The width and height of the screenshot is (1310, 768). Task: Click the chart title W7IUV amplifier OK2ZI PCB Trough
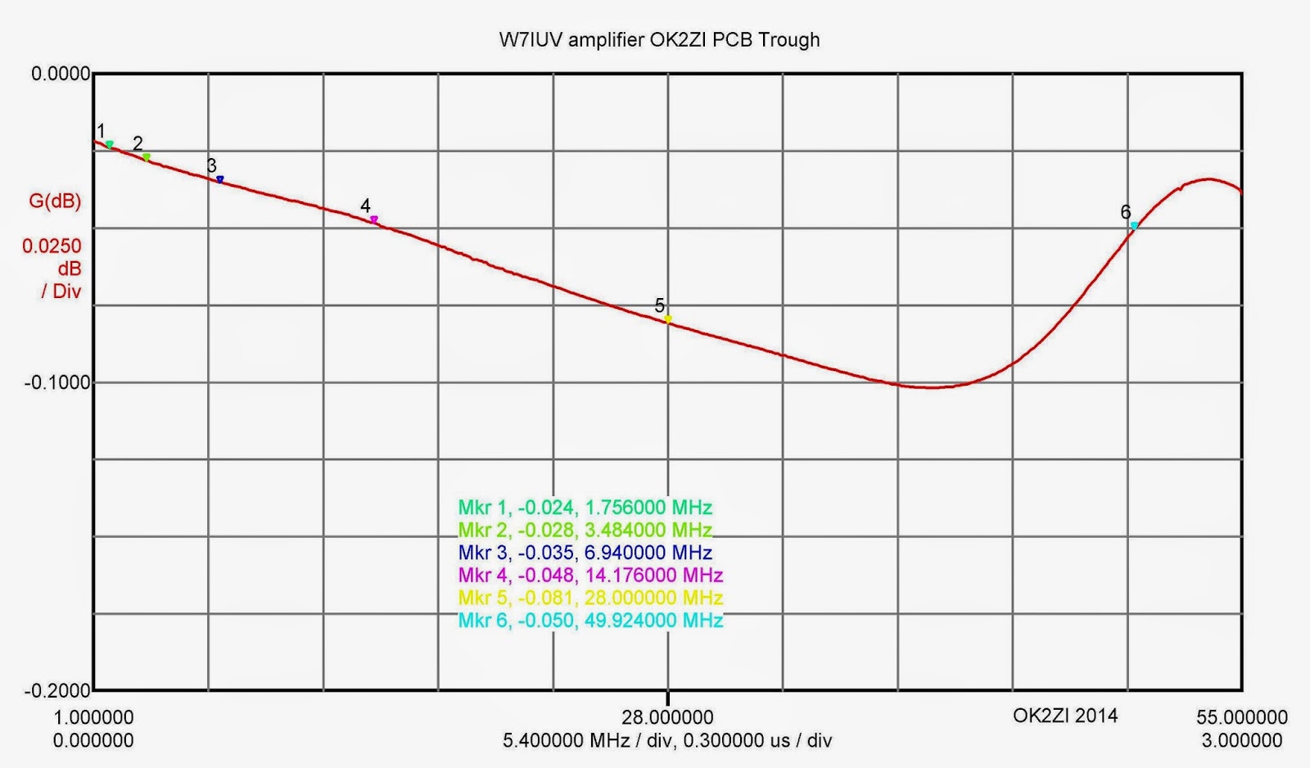659,40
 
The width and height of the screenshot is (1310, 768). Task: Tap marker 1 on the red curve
110,145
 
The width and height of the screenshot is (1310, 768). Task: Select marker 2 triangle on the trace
147,156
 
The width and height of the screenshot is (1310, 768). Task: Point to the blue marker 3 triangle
219,179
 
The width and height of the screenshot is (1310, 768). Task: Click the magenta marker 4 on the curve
374,219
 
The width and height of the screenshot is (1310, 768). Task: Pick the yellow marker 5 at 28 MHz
668,319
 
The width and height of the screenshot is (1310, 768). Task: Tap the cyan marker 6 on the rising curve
1134,225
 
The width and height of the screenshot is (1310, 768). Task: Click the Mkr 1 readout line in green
585,508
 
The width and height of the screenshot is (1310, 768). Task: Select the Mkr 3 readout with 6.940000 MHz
585,553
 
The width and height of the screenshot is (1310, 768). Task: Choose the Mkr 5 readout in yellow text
590,598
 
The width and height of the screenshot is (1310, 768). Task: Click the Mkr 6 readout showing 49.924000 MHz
590,621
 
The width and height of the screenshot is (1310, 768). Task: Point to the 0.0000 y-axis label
61,75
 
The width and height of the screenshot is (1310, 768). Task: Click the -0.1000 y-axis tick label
57,382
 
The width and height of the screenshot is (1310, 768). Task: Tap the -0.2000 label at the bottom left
57,691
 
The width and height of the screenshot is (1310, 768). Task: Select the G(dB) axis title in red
55,201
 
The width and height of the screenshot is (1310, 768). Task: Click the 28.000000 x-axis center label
667,718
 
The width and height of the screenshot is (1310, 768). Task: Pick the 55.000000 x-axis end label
1241,718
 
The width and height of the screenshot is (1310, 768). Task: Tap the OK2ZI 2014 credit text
1064,716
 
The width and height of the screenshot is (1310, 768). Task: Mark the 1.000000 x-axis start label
93,718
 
